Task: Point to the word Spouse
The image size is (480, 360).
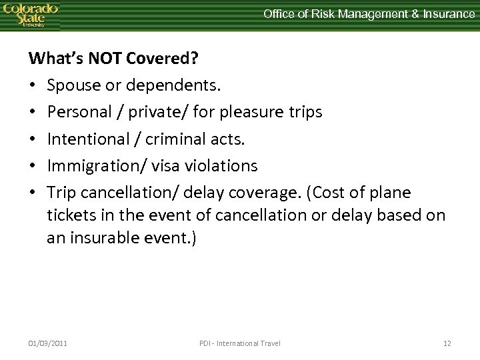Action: tap(73, 87)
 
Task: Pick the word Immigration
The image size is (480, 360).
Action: tap(91, 165)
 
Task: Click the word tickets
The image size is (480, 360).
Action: tap(69, 217)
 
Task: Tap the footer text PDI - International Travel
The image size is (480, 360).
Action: tap(240, 343)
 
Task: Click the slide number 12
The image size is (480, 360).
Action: tap(447, 343)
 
